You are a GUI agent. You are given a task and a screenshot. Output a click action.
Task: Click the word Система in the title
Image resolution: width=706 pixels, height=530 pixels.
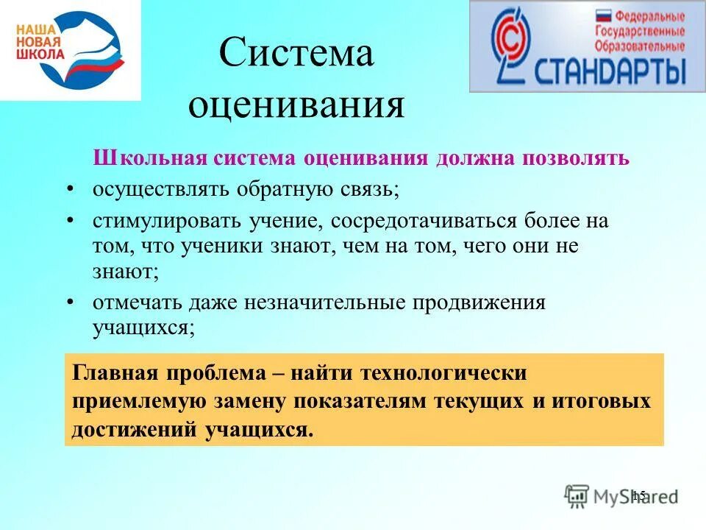point(296,54)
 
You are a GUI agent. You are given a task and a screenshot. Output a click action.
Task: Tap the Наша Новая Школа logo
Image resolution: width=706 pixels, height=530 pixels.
point(70,49)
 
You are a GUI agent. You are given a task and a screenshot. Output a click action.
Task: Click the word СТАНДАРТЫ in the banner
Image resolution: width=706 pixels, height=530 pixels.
point(610,72)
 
